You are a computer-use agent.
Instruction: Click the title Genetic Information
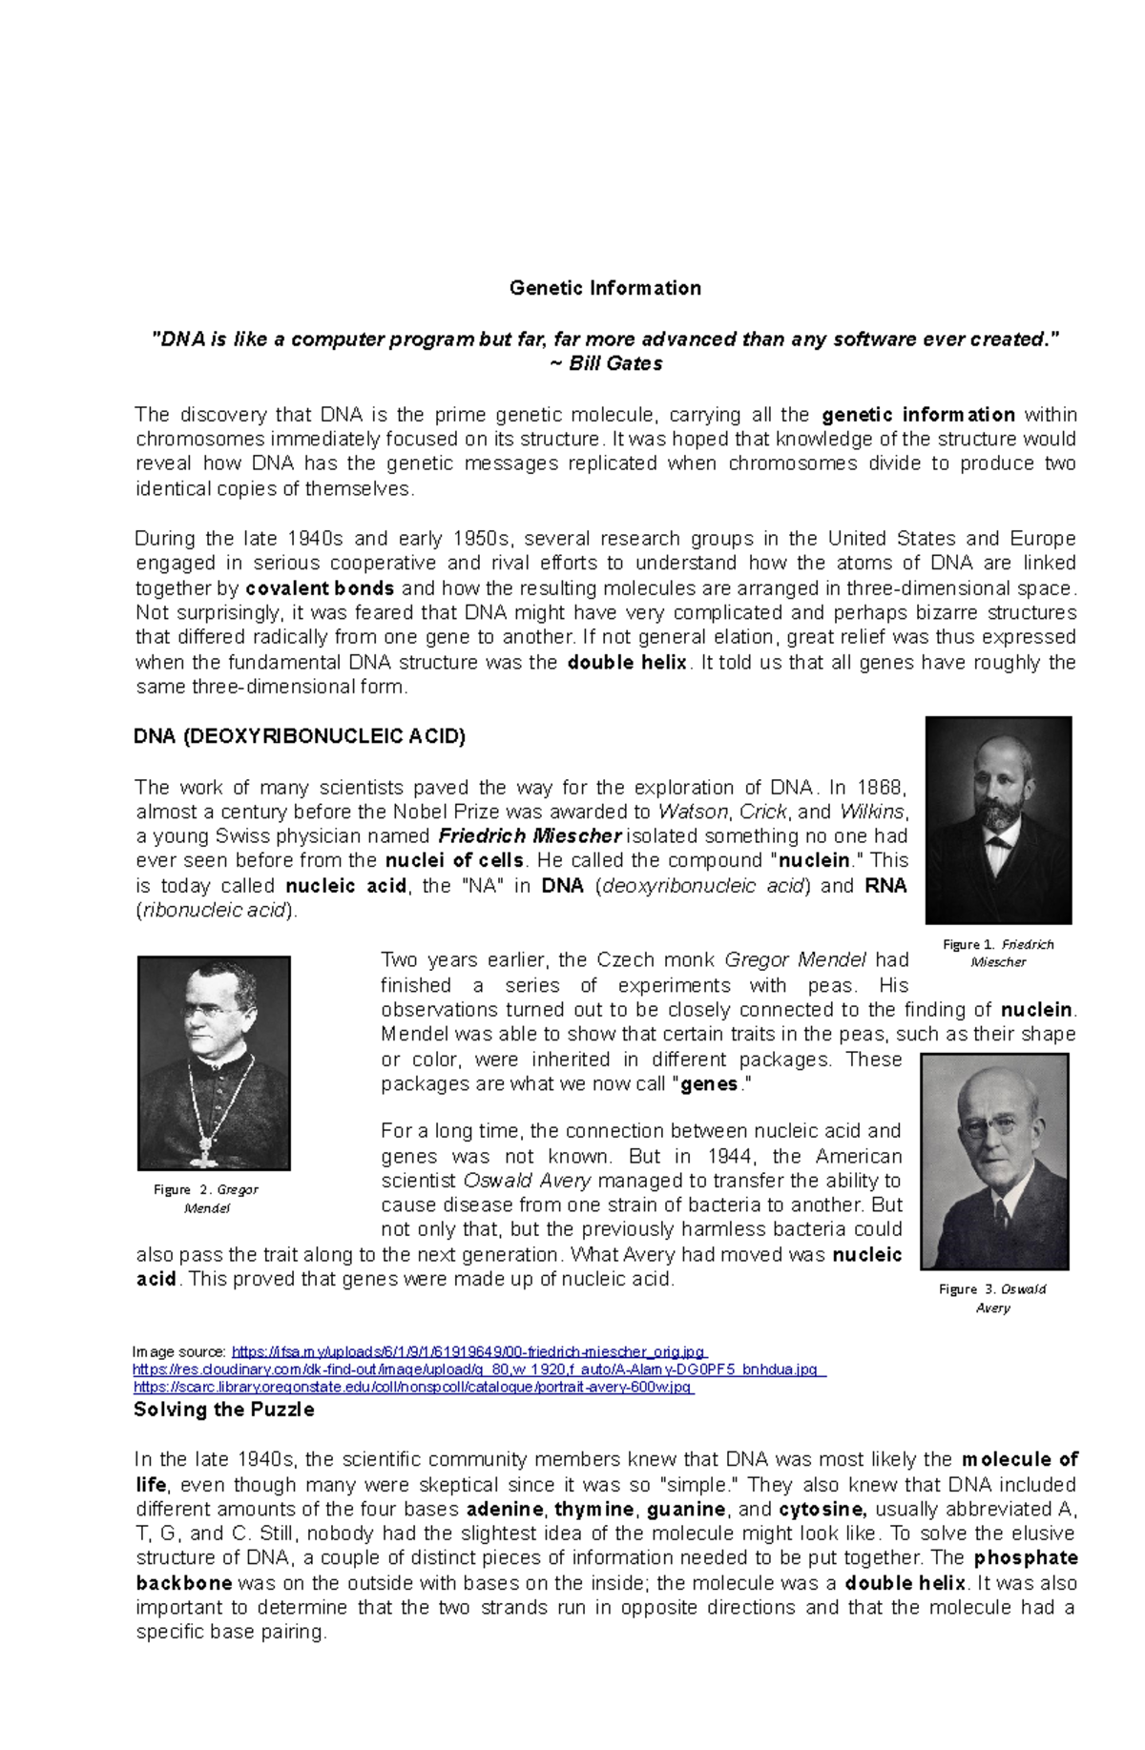(x=605, y=288)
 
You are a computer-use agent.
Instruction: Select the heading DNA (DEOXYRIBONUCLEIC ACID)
(x=300, y=736)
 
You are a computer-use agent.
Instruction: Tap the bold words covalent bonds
(x=320, y=588)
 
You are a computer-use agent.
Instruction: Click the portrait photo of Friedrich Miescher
(x=998, y=819)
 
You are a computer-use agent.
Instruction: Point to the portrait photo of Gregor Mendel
(x=214, y=1062)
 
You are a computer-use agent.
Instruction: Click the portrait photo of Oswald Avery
(x=993, y=1161)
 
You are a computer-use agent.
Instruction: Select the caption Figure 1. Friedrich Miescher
(x=998, y=953)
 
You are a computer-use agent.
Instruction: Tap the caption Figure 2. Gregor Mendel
(x=206, y=1199)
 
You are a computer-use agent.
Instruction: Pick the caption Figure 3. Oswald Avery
(x=992, y=1298)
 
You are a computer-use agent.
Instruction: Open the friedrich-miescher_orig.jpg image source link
(x=468, y=1351)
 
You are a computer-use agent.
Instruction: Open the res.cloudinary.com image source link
(x=476, y=1369)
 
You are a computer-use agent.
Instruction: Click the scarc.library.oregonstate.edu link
(x=412, y=1387)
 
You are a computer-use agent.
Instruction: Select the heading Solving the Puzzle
(x=223, y=1410)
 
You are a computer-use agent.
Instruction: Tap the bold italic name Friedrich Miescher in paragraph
(x=530, y=836)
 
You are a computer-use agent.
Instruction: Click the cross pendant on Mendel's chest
(x=203, y=1148)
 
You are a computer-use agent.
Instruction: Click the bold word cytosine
(x=822, y=1510)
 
